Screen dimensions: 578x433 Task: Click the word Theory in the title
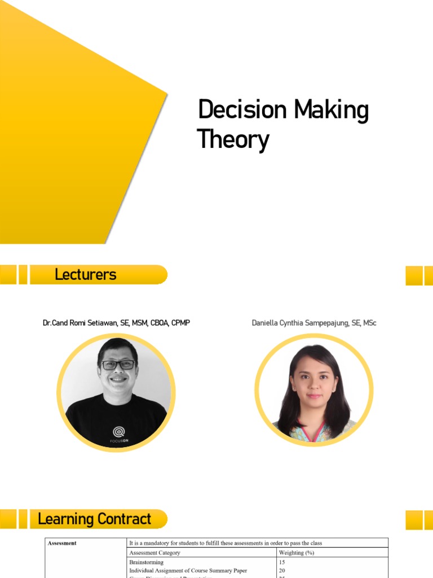pos(233,139)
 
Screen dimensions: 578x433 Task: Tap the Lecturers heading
pos(85,275)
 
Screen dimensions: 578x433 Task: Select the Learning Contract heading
pos(94,519)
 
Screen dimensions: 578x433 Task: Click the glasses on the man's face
pos(118,365)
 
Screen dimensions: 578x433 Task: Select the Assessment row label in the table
pos(62,543)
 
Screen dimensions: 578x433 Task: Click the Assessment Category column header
pos(154,553)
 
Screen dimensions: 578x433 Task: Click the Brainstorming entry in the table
pos(146,562)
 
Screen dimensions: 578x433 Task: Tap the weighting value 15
pos(282,562)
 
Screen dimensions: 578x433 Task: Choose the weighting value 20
pos(282,571)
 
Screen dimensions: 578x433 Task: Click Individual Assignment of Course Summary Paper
pos(188,571)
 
